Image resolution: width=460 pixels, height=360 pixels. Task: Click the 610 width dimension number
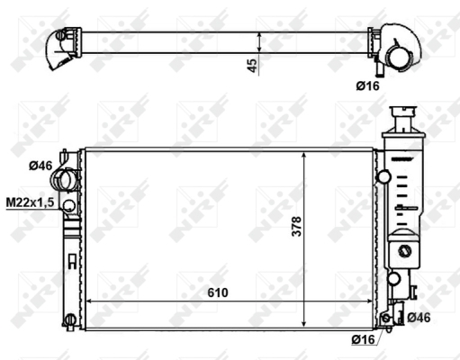(x=218, y=292)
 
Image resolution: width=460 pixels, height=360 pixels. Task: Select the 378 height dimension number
(x=296, y=227)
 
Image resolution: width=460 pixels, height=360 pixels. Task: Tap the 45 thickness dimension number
(x=252, y=66)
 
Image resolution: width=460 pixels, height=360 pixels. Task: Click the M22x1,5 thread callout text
(x=30, y=202)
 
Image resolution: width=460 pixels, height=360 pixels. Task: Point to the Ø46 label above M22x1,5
(x=41, y=166)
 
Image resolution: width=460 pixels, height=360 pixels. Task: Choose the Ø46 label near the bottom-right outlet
(x=419, y=318)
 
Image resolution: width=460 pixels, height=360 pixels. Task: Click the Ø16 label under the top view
(x=368, y=86)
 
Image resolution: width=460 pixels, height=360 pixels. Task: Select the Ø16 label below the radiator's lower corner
(x=364, y=339)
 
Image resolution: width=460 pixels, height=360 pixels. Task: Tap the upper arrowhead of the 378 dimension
(x=304, y=155)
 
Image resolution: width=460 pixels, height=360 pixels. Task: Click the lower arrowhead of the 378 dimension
(x=304, y=323)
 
